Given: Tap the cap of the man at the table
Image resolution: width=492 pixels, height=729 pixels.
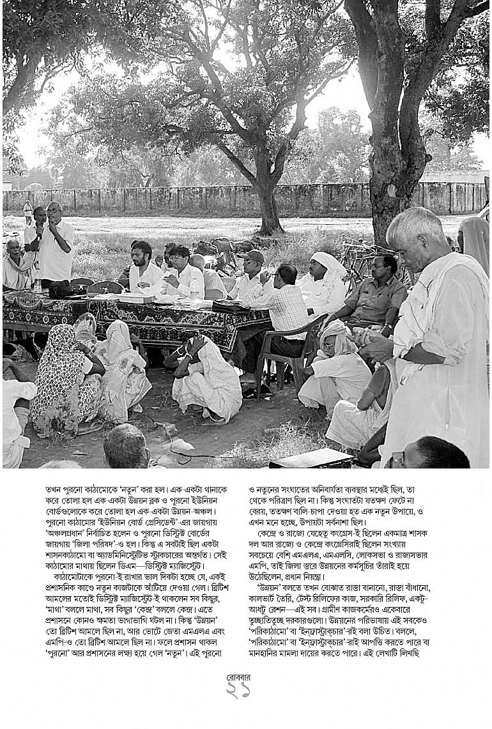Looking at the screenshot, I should point(254,256).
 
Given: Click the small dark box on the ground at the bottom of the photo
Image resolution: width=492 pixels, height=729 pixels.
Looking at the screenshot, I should point(312,458).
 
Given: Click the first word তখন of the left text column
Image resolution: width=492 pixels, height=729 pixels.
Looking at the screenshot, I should point(56,489).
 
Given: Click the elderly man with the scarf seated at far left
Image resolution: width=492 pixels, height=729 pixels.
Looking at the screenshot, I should point(16,265).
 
